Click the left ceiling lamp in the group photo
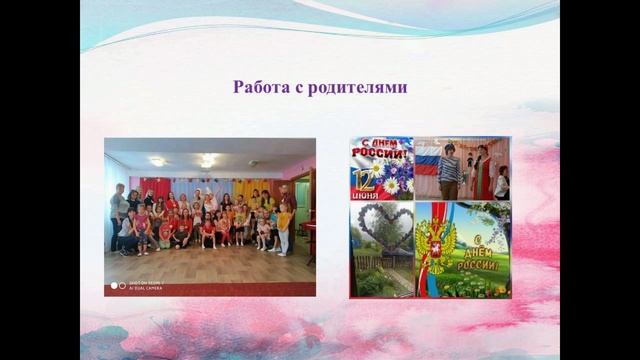click(157, 161)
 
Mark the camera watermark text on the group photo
click(140, 286)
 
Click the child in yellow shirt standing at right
click(284, 228)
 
